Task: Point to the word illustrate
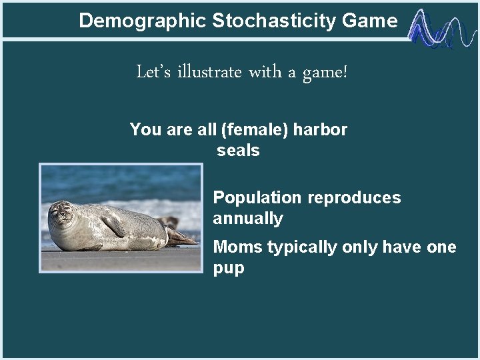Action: pos(209,71)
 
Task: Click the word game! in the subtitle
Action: pos(325,72)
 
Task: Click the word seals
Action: pos(238,150)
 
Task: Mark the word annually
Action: pos(248,219)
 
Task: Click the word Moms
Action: pos(237,247)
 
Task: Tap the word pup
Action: pos(229,268)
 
